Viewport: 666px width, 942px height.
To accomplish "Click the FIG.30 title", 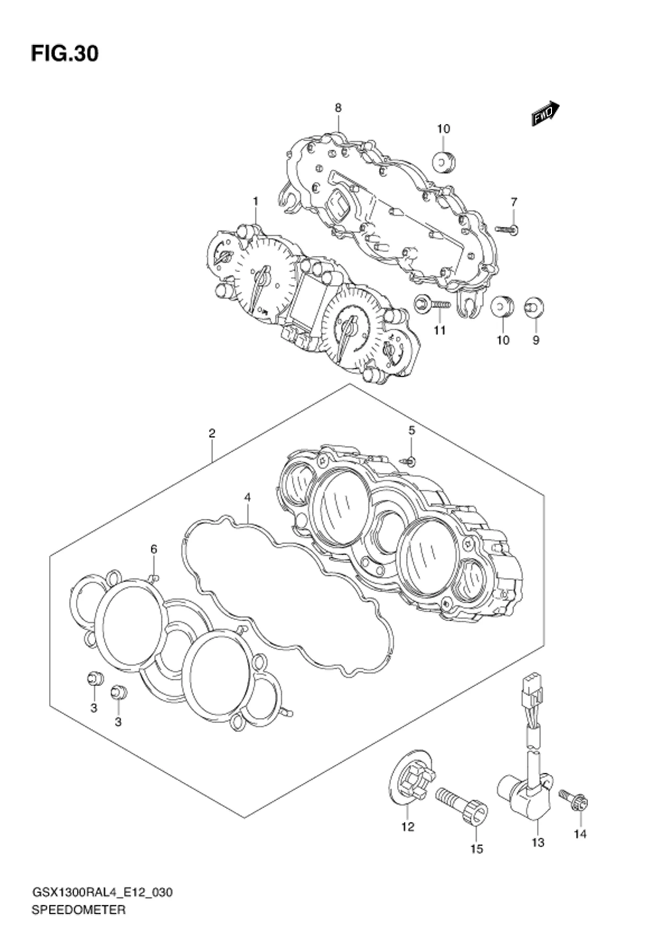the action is coord(65,54).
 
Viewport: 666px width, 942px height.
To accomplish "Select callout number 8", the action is coord(338,108).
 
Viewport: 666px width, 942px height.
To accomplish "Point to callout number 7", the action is coord(514,202).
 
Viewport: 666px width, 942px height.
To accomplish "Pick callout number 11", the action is coord(440,330).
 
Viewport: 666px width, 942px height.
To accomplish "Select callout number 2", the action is coord(212,433).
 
